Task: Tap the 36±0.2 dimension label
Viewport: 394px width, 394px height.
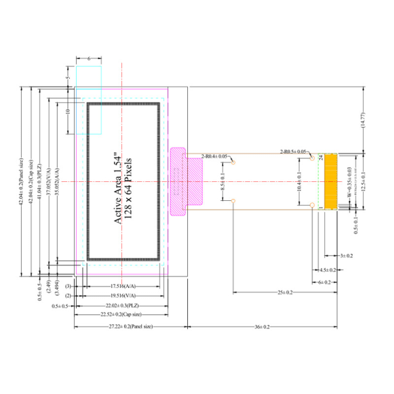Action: pos(261,326)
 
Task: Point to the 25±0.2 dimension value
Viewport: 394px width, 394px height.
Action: pos(284,292)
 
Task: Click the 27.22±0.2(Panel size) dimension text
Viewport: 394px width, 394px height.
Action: pos(131,326)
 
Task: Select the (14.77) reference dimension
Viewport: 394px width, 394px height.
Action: pos(362,120)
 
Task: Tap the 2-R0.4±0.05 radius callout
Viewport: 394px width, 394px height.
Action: pos(215,157)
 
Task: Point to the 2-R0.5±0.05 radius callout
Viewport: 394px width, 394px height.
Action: pos(294,152)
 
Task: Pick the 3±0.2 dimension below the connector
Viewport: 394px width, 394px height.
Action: pos(346,255)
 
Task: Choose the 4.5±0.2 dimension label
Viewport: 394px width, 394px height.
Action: pos(328,270)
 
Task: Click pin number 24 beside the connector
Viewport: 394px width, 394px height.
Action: pos(320,157)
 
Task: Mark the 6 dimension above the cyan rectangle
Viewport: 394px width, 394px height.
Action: pos(89,58)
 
